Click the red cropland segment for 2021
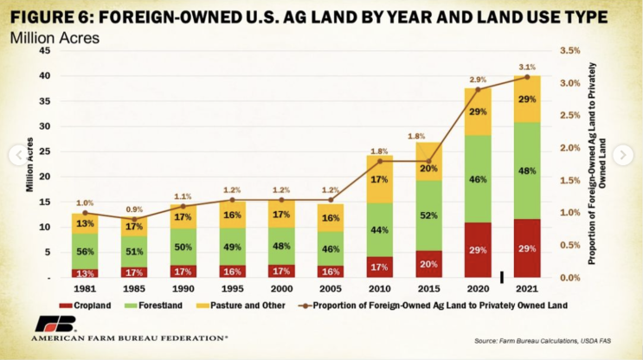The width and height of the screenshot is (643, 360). [x=527, y=248]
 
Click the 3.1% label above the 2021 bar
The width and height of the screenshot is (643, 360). [x=527, y=67]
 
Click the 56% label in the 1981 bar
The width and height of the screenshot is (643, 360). [x=85, y=251]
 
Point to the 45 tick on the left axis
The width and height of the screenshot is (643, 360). [x=44, y=51]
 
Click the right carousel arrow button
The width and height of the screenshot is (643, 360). [x=622, y=155]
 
